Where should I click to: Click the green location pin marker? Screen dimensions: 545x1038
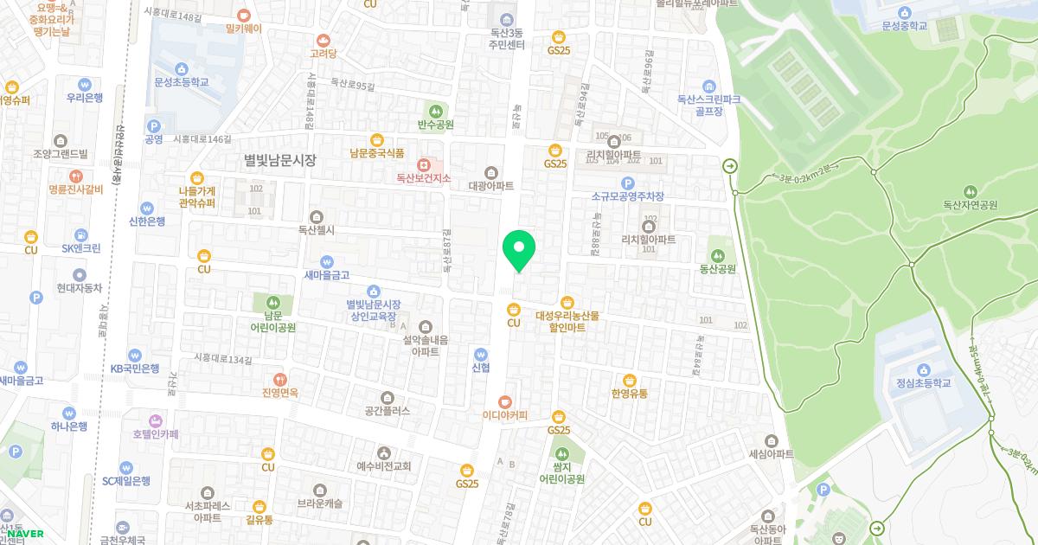519,250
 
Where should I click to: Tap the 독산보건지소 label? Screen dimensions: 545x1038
424,178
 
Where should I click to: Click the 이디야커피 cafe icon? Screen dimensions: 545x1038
505,401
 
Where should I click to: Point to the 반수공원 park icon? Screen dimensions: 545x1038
436,111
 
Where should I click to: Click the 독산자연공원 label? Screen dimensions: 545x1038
970,205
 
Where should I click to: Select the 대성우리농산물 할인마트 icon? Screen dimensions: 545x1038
567,302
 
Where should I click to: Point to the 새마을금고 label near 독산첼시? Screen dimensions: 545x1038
326,275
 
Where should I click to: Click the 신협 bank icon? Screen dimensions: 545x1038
481,353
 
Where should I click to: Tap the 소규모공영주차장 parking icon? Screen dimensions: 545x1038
628,183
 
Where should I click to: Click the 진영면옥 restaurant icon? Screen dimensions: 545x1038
280,379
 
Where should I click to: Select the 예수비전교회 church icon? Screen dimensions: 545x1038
384,452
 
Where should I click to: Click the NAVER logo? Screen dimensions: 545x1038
26,534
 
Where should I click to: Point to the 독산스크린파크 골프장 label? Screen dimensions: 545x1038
708,106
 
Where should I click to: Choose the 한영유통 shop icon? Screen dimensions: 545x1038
629,380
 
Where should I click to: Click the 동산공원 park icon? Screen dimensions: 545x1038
717,255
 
